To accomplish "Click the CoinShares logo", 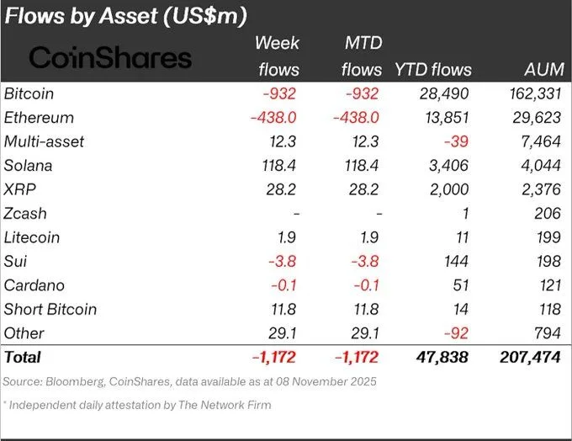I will point(110,57).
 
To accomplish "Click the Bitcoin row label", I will point(30,93).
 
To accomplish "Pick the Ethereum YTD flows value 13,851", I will point(446,118).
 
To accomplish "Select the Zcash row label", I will point(28,214).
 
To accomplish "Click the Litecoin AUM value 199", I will point(548,237).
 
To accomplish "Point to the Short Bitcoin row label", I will point(50,309).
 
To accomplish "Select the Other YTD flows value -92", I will point(458,333).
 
